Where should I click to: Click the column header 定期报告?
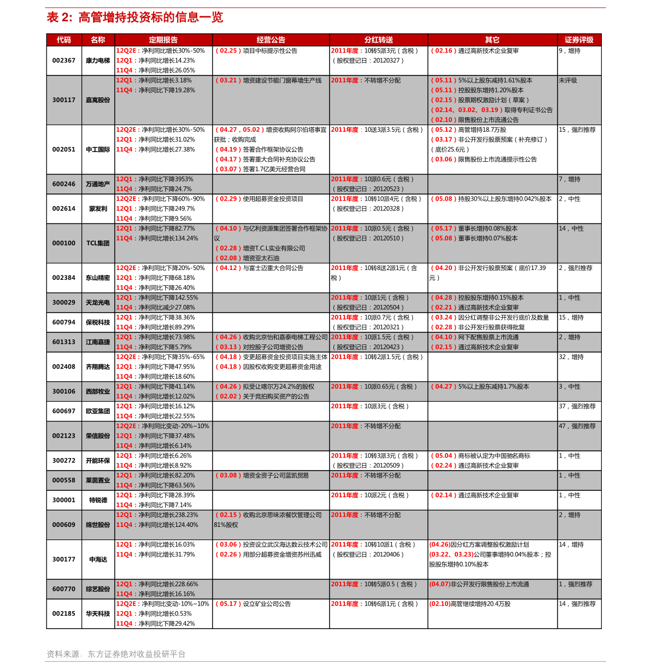point(163,40)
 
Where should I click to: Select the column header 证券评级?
point(579,40)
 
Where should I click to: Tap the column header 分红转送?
point(378,40)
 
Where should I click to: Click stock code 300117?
point(64,100)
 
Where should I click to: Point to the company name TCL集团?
point(98,243)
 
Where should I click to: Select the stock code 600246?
point(64,184)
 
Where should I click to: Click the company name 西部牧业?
point(98,391)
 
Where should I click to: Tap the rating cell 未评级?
point(568,80)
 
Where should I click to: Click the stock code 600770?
point(64,589)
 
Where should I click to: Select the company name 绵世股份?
point(98,525)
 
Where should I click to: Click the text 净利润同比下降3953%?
point(166,179)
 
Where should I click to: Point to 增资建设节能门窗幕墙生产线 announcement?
point(282,80)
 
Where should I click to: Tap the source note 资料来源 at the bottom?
point(116,654)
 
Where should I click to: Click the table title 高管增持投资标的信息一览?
point(150,17)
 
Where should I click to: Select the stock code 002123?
point(64,436)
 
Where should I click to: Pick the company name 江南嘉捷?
point(98,342)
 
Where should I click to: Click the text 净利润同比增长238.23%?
point(168,515)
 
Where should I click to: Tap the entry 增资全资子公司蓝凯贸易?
point(275,476)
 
